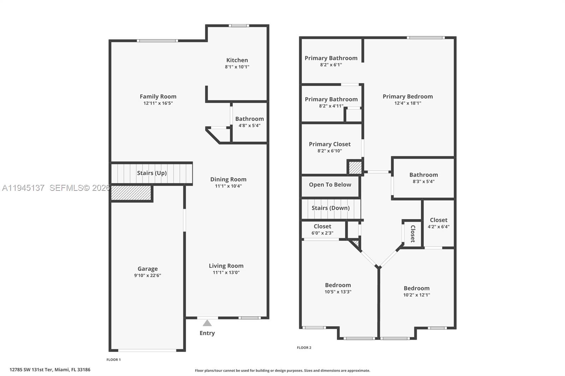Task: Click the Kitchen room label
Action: (x=237, y=60)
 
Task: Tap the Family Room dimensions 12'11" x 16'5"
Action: (x=158, y=103)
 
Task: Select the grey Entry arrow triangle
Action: (x=207, y=323)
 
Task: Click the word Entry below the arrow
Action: (x=207, y=333)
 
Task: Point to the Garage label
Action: (x=148, y=269)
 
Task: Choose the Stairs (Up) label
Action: (x=152, y=173)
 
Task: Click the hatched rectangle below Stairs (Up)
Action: (x=131, y=193)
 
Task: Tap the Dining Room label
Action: (x=228, y=179)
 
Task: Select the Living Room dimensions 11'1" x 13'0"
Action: (x=226, y=273)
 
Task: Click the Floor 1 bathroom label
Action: (x=249, y=119)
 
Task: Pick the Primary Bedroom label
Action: (x=408, y=96)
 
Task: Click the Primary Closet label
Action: (x=329, y=144)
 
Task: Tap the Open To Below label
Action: (x=330, y=184)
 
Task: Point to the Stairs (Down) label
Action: (x=331, y=208)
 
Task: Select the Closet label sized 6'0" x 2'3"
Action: (x=322, y=226)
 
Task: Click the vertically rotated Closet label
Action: (x=412, y=234)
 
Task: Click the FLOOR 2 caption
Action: (x=304, y=347)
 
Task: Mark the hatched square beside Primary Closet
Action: (x=355, y=167)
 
